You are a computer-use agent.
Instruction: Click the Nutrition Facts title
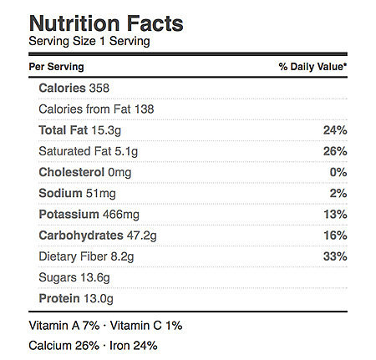coord(106,23)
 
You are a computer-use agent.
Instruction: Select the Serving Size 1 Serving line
coord(89,41)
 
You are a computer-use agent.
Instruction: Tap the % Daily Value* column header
coord(312,67)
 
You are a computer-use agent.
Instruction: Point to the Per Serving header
coord(56,67)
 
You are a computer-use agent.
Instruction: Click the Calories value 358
coord(99,88)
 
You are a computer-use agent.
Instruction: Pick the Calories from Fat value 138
coord(144,109)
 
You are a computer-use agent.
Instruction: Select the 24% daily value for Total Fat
coord(335,130)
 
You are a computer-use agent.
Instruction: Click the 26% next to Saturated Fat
coord(335,151)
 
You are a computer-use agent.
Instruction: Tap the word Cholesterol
coord(72,172)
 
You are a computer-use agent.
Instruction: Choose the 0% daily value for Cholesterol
coord(338,172)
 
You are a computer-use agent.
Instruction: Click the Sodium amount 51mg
coord(101,194)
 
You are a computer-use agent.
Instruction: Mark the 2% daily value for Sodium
coord(338,193)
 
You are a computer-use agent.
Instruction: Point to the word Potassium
coord(69,214)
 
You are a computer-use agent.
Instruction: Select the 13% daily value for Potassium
coord(335,214)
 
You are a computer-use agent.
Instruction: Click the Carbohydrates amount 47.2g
coord(142,236)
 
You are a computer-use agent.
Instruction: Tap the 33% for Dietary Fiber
coord(335,256)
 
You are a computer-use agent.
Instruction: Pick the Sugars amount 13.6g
coord(95,277)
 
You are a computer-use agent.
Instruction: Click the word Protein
coord(59,298)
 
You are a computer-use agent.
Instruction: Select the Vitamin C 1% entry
coord(146,326)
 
